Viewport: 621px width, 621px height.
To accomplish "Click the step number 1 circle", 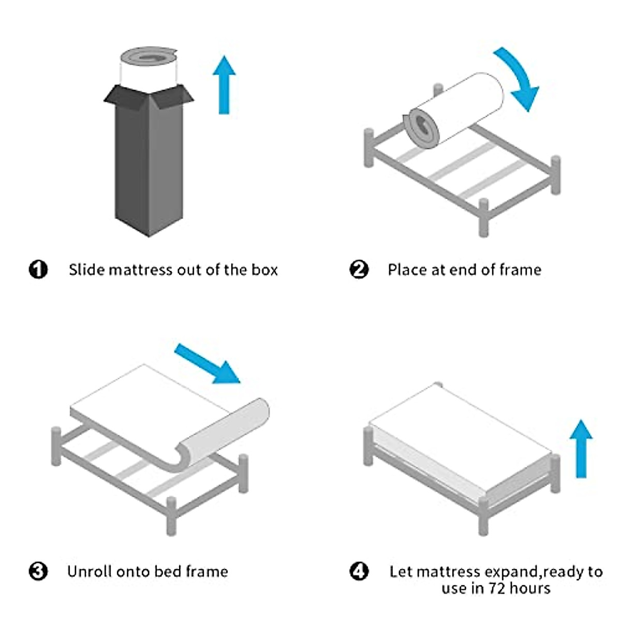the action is click(x=38, y=270).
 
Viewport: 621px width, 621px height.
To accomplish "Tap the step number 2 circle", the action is click(x=359, y=270).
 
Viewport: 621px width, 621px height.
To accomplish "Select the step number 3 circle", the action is click(x=38, y=571).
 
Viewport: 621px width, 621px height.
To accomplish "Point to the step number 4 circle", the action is click(x=359, y=571).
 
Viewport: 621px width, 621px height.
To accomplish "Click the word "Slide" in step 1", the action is click(x=87, y=270).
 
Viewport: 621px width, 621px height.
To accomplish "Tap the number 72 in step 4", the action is click(x=495, y=588).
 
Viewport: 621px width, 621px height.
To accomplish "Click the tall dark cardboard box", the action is click(x=149, y=166).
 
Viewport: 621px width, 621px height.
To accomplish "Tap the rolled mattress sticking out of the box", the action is click(x=149, y=67).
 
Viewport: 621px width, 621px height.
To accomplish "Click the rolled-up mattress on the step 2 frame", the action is click(x=453, y=109).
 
